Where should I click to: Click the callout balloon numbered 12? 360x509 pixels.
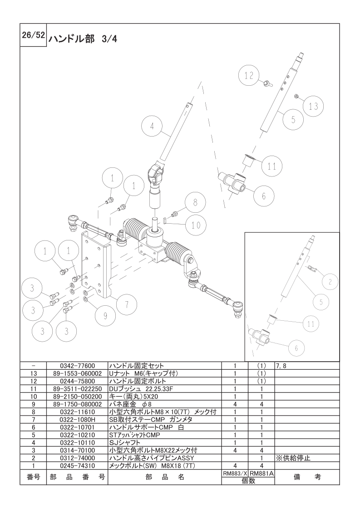click(249, 76)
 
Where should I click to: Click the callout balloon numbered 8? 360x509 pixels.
click(194, 203)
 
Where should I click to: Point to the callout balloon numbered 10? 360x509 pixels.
click(196, 225)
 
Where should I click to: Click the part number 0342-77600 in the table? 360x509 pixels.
click(77, 366)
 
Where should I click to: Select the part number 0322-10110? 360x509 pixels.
click(77, 442)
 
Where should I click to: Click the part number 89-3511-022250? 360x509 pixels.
click(77, 389)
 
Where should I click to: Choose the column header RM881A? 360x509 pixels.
click(262, 473)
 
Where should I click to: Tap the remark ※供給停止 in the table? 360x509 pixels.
click(293, 458)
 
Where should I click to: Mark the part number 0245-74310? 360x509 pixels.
click(77, 465)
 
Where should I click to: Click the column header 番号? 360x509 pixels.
click(34, 477)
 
